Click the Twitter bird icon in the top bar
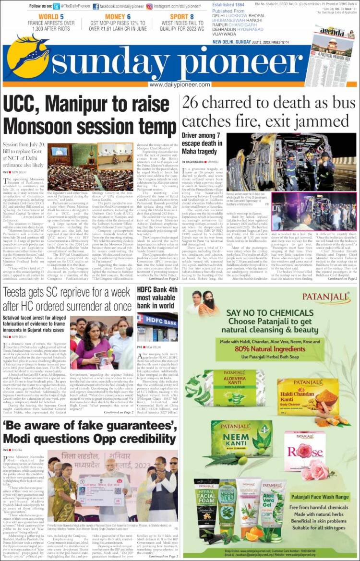(x=57, y=7)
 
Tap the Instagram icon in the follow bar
(x=149, y=7)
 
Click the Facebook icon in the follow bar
(x=96, y=7)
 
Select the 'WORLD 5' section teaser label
(x=51, y=17)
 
